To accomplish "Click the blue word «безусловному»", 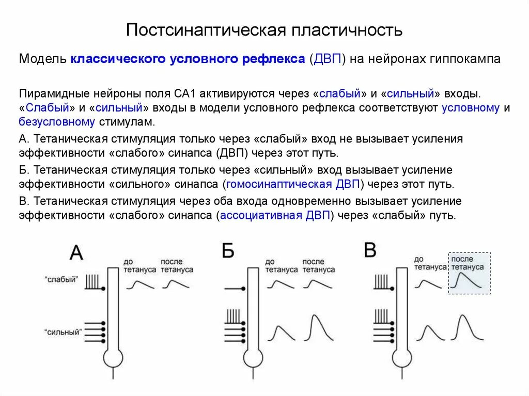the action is coord(57,122).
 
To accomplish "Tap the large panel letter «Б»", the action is coord(228,251).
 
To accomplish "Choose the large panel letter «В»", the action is coord(370,250).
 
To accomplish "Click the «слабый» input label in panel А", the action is coord(61,279).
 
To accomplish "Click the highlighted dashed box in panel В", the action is coord(469,273).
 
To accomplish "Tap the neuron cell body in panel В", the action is coord(401,358).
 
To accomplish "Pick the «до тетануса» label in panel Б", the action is coord(281,266).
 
